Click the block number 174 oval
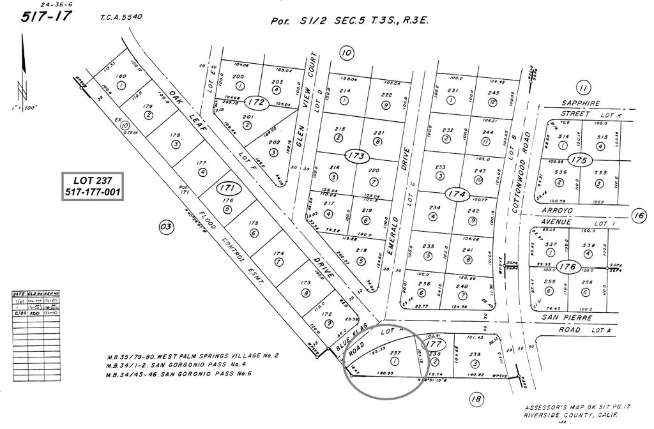[455, 193]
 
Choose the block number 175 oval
[579, 160]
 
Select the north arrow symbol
[24, 64]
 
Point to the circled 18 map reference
[476, 400]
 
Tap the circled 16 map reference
[638, 216]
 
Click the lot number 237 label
[394, 352]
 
